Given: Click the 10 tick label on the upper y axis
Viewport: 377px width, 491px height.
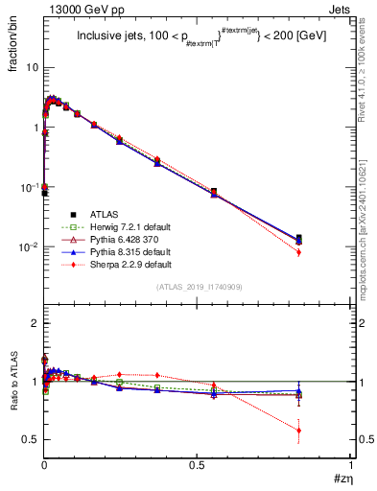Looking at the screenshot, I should tap(32, 68).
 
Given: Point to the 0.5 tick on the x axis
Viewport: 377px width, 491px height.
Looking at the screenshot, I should tap(197, 466).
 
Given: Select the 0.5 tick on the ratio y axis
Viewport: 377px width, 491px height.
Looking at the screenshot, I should tap(30, 439).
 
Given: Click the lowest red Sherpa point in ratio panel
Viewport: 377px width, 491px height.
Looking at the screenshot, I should tap(327, 430).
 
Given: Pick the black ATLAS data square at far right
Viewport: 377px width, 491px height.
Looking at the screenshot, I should tap(327, 238).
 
